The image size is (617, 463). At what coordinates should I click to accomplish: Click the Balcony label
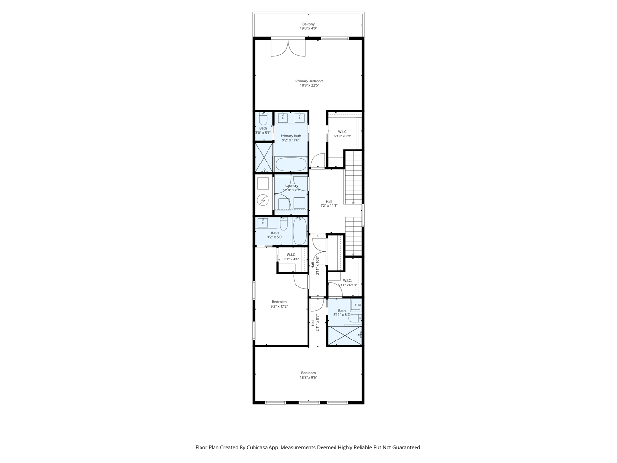pos(308,24)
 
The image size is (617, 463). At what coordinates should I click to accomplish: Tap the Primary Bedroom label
pos(309,81)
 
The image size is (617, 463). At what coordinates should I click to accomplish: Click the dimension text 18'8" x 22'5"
pos(309,86)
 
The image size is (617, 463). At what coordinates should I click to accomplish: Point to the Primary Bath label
pos(291,136)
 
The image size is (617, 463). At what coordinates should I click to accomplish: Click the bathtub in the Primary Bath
pos(290,164)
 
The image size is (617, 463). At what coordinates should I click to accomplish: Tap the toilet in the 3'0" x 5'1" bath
pos(263,119)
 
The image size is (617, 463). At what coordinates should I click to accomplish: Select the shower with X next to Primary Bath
pos(264,157)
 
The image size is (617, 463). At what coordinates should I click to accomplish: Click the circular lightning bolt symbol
pos(263,200)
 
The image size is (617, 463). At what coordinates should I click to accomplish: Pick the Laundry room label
pos(292,186)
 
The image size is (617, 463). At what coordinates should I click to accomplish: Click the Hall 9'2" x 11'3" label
pos(329,202)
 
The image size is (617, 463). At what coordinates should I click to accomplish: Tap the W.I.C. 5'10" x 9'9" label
pos(343,132)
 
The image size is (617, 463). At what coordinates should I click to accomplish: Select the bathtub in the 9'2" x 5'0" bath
pos(299,231)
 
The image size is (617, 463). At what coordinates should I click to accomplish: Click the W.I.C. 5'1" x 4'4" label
pos(291,255)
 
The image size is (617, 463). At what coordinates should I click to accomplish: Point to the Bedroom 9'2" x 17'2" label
pos(279,302)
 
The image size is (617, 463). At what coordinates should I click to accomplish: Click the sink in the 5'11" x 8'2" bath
pos(356,304)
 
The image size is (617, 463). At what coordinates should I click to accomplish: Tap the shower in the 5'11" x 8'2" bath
pos(344,335)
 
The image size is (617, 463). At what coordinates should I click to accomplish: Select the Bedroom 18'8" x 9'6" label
pos(308,373)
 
